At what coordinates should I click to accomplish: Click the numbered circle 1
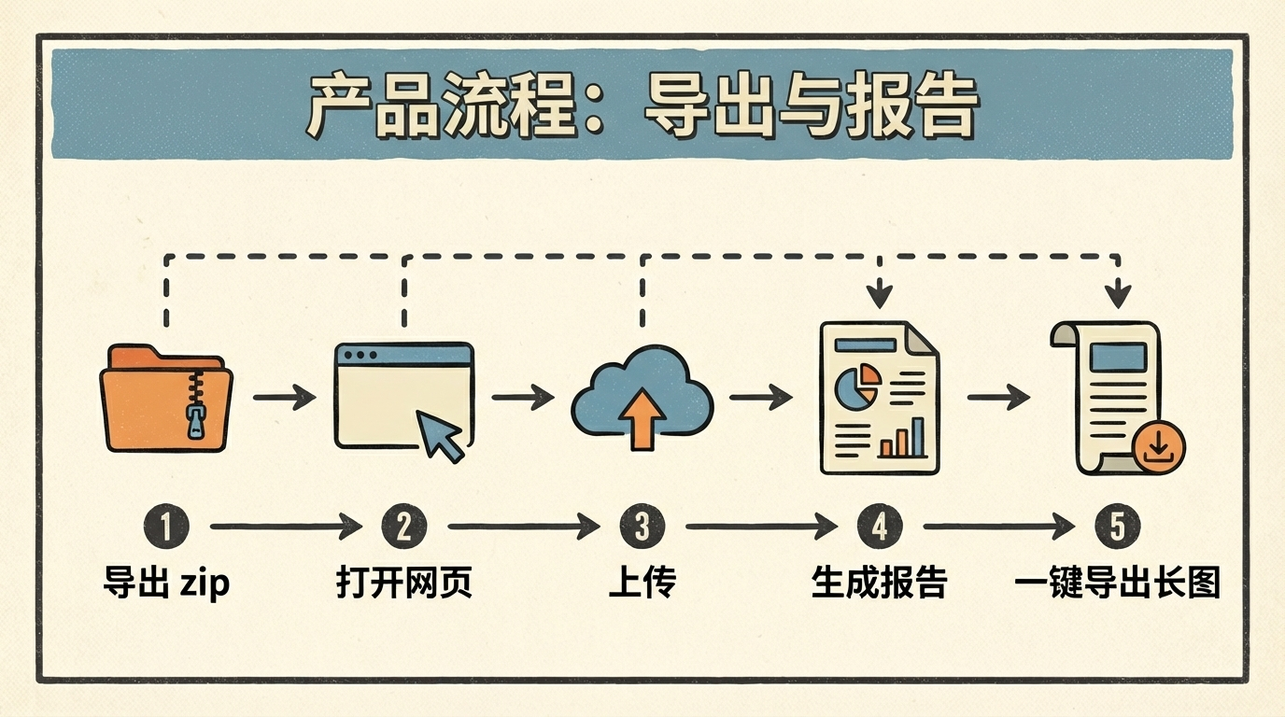click(166, 527)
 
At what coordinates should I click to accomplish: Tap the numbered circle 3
click(642, 527)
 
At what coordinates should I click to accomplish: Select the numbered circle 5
click(1117, 527)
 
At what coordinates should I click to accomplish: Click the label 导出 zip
click(166, 583)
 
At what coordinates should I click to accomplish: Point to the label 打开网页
click(404, 583)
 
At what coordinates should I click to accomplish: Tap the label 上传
click(642, 583)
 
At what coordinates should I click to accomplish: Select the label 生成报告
click(880, 583)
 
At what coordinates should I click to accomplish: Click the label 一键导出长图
click(1117, 583)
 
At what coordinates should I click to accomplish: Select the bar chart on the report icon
click(903, 439)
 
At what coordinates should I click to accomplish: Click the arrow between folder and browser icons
click(285, 398)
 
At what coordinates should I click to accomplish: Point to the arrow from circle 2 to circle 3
click(523, 527)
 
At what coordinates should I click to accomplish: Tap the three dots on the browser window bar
click(360, 356)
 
